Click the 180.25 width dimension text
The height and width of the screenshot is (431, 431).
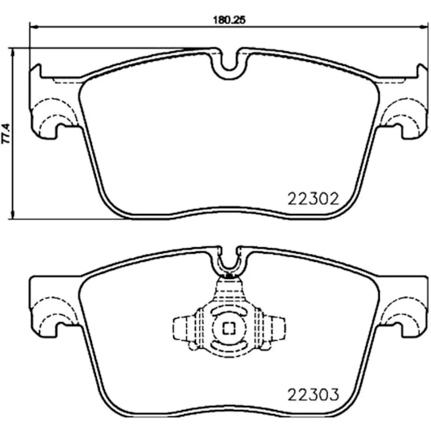pos(229,20)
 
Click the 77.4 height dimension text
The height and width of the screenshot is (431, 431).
pos(6,133)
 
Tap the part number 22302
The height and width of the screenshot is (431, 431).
pos(313,199)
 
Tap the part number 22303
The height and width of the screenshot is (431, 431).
pos(313,395)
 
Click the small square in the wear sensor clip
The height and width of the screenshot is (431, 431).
pos(229,329)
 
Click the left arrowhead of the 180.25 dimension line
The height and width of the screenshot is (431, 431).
pos(33,27)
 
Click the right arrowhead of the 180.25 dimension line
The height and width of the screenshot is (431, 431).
pos(424,27)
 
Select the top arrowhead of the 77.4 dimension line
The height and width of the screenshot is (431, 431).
pos(12,53)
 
